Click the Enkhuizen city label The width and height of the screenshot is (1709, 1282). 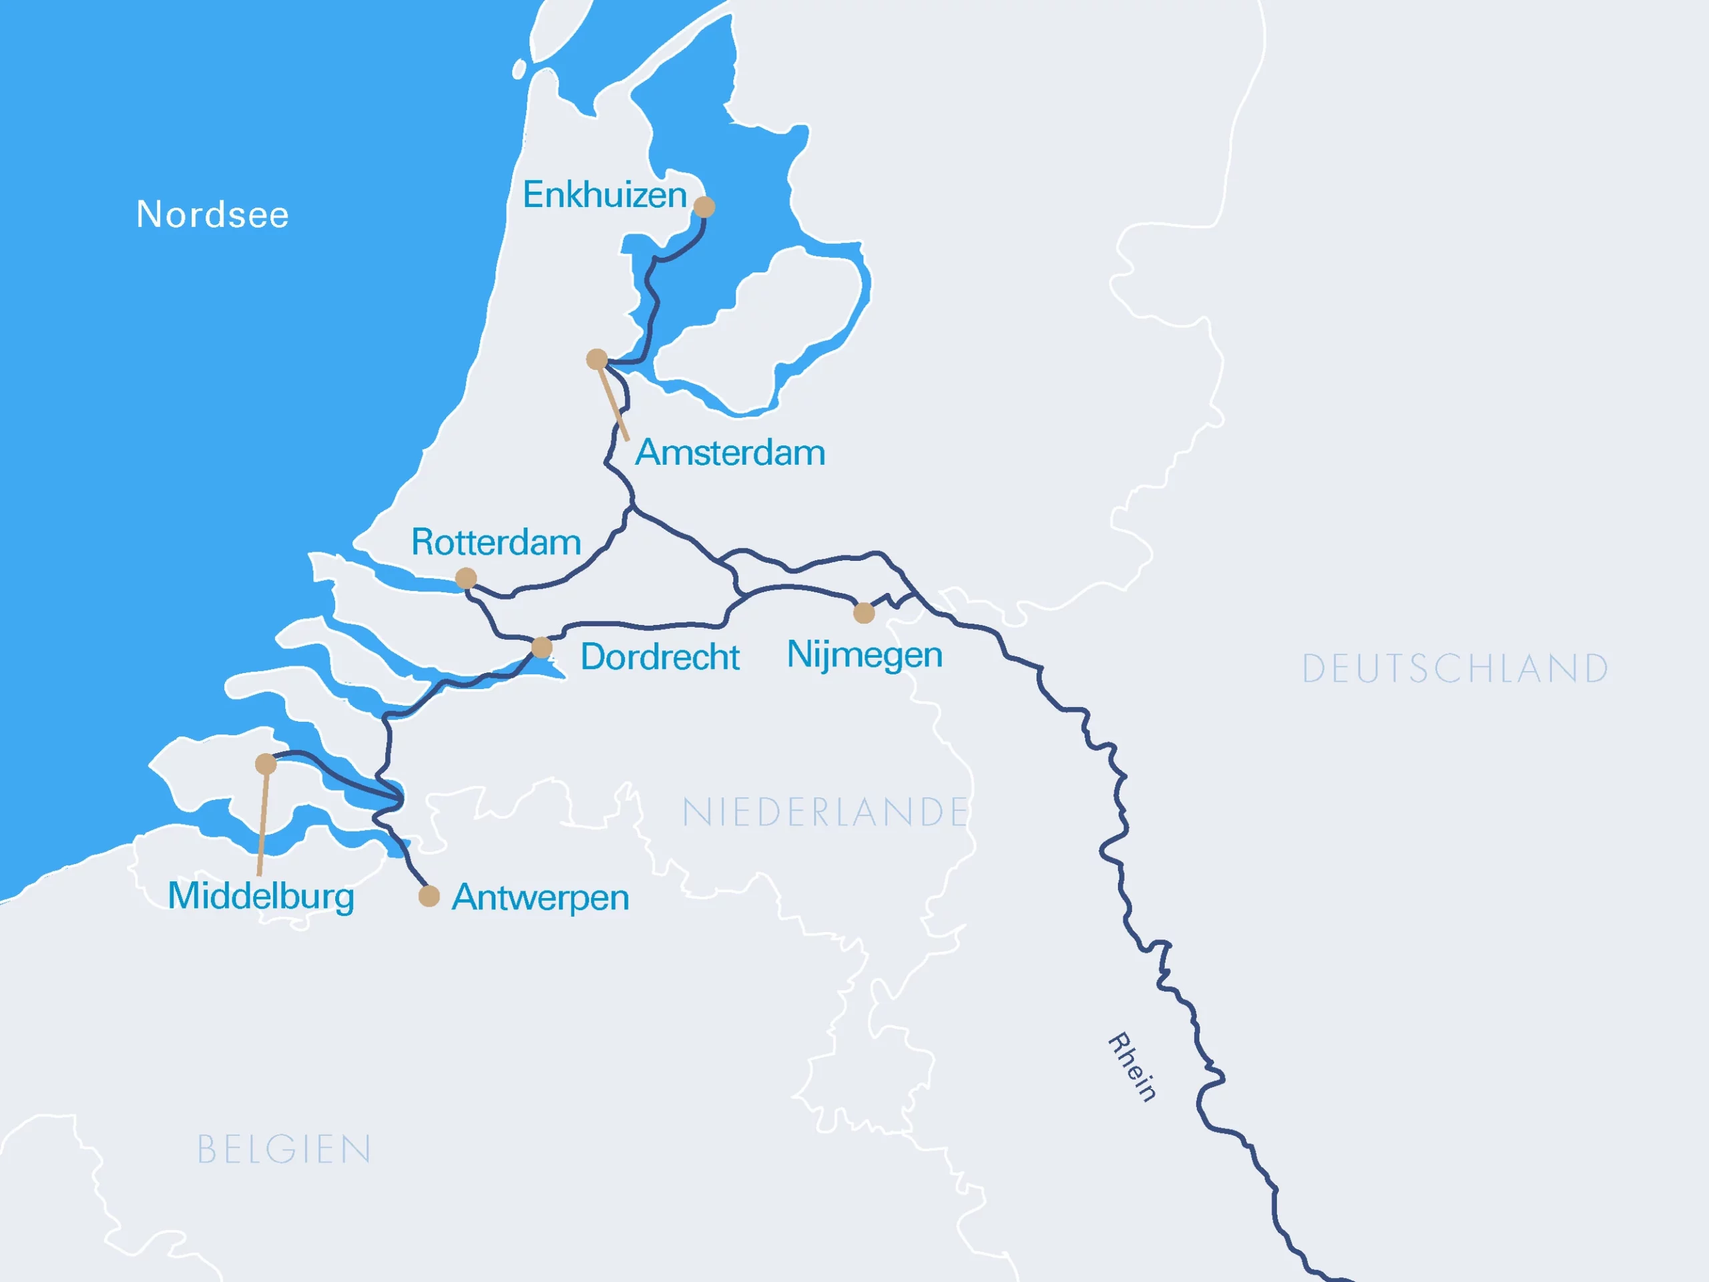[604, 195]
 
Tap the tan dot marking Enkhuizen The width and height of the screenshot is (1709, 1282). [704, 207]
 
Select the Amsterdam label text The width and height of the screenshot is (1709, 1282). [730, 453]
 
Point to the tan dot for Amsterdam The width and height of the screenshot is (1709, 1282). [596, 359]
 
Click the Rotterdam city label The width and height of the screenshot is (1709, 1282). [496, 542]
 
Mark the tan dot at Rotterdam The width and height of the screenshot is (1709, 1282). [466, 578]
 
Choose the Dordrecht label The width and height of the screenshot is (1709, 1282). [660, 657]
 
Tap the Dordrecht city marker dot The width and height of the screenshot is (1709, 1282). [541, 648]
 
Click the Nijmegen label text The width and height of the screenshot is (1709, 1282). [865, 655]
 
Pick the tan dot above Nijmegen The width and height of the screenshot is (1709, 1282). [864, 614]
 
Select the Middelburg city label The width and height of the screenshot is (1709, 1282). [261, 896]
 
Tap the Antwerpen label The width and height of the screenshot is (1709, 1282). [540, 898]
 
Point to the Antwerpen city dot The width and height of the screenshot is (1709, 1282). [429, 896]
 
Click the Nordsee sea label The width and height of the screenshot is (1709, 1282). [212, 215]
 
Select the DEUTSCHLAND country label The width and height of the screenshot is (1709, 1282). [1455, 669]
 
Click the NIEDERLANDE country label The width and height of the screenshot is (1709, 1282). [825, 813]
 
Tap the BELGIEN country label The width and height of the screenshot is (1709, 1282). [284, 1150]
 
